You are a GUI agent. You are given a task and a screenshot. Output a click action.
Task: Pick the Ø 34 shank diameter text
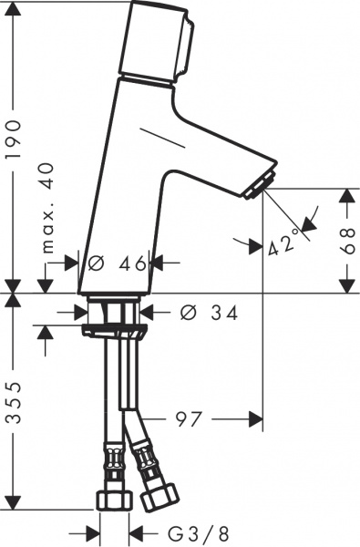point(210,313)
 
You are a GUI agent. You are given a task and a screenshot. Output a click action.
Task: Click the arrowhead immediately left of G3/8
point(135,531)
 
